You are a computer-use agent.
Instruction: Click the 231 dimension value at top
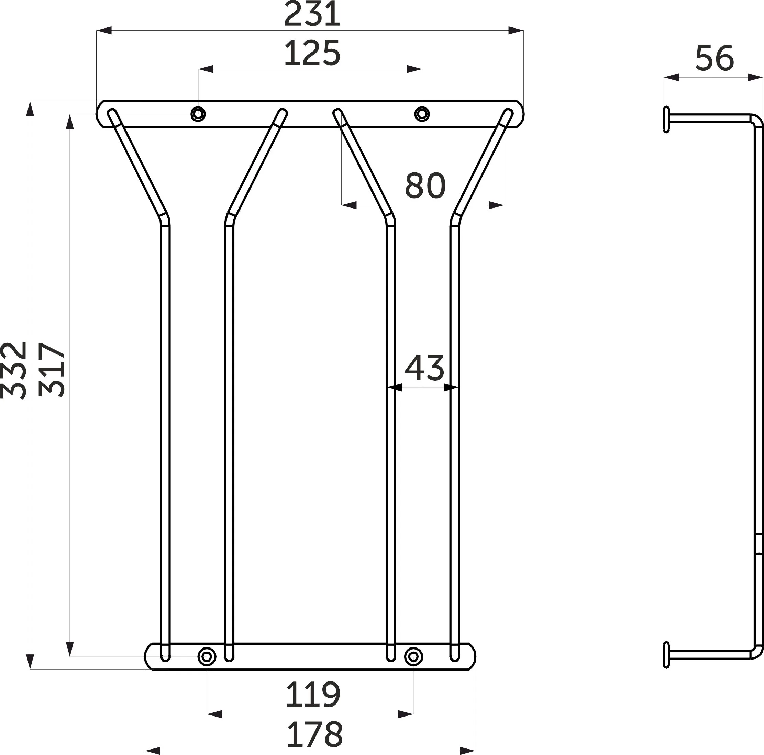[312, 15]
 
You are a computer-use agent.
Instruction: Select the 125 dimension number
[312, 53]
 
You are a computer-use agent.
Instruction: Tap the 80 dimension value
[425, 185]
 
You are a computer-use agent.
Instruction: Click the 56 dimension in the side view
[714, 58]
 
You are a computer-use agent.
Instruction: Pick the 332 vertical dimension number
[14, 370]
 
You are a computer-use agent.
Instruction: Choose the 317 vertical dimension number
[52, 370]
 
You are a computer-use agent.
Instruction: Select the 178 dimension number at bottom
[314, 734]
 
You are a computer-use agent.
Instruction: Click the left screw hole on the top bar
[198, 114]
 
